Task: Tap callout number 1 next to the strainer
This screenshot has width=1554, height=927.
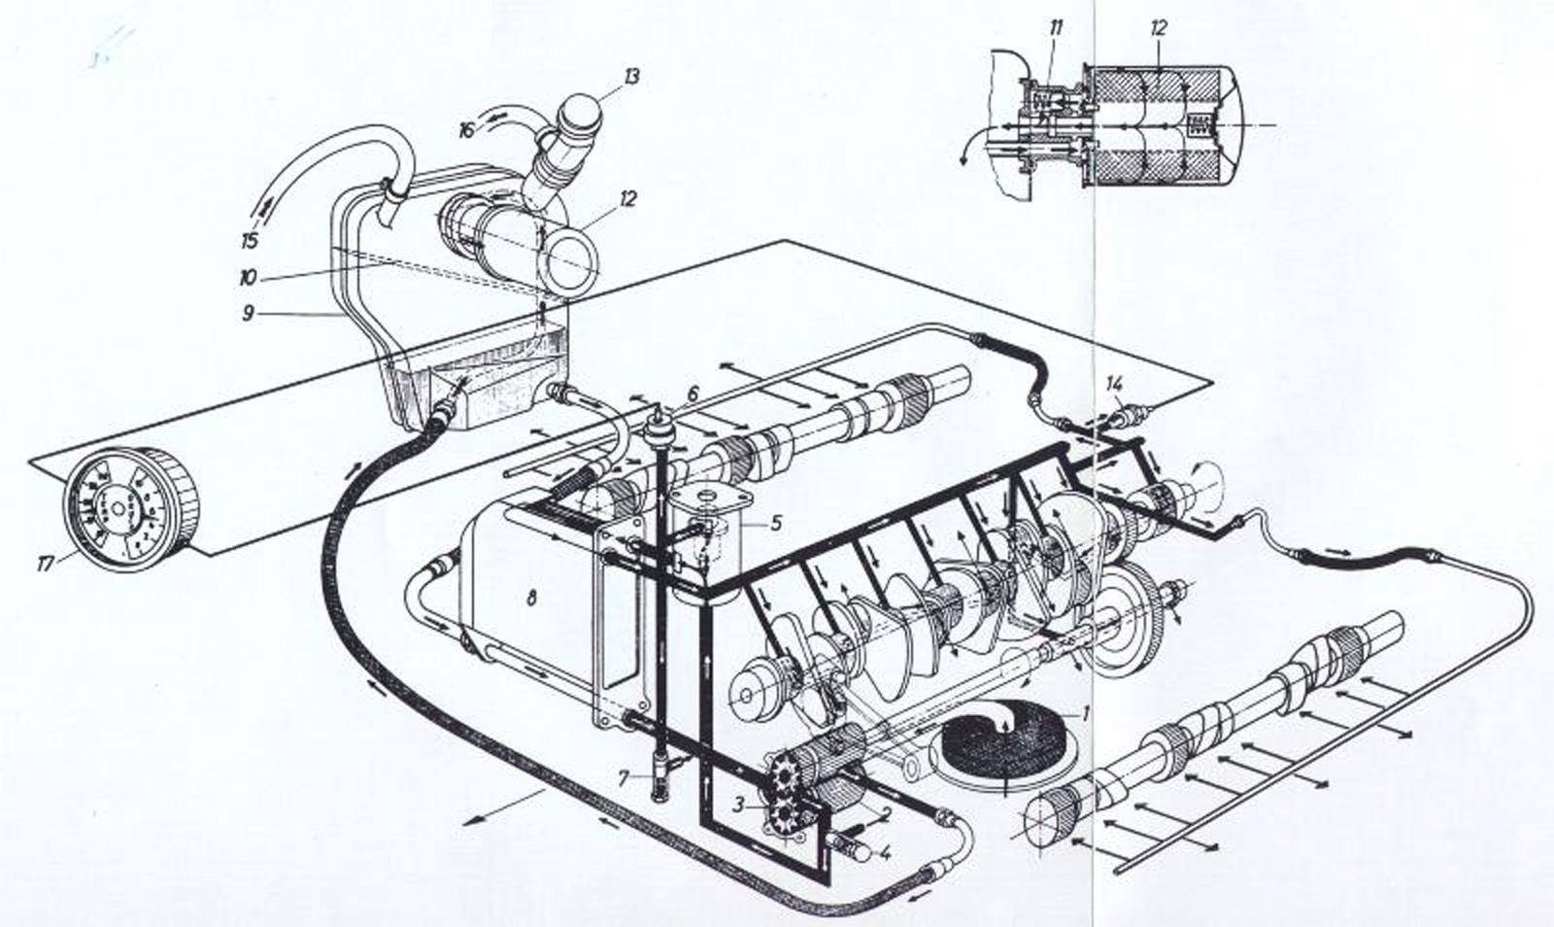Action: point(1087,712)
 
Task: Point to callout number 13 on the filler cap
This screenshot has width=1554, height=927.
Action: point(631,77)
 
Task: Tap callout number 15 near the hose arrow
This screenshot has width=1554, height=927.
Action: point(250,240)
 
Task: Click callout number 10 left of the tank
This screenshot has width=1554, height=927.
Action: point(248,278)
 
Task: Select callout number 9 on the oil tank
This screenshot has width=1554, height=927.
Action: point(249,315)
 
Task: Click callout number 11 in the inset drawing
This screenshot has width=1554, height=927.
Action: point(1056,28)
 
